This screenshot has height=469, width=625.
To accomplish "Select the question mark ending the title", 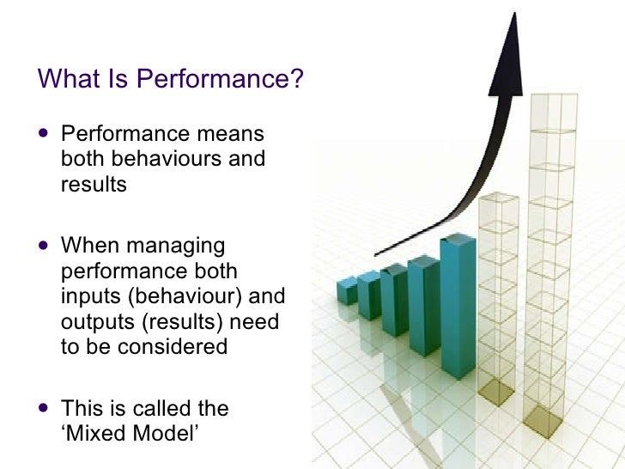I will coord(298,79).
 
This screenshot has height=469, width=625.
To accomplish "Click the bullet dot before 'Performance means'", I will coord(45,135).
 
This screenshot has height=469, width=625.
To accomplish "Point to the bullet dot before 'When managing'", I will coord(45,247).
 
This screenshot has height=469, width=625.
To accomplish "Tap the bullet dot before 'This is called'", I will coord(45,409).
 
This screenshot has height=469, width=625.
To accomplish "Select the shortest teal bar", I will coord(347,290).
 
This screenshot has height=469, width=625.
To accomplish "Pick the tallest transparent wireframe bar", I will coord(546,258).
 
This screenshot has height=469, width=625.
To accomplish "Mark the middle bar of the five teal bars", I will coord(395,301).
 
